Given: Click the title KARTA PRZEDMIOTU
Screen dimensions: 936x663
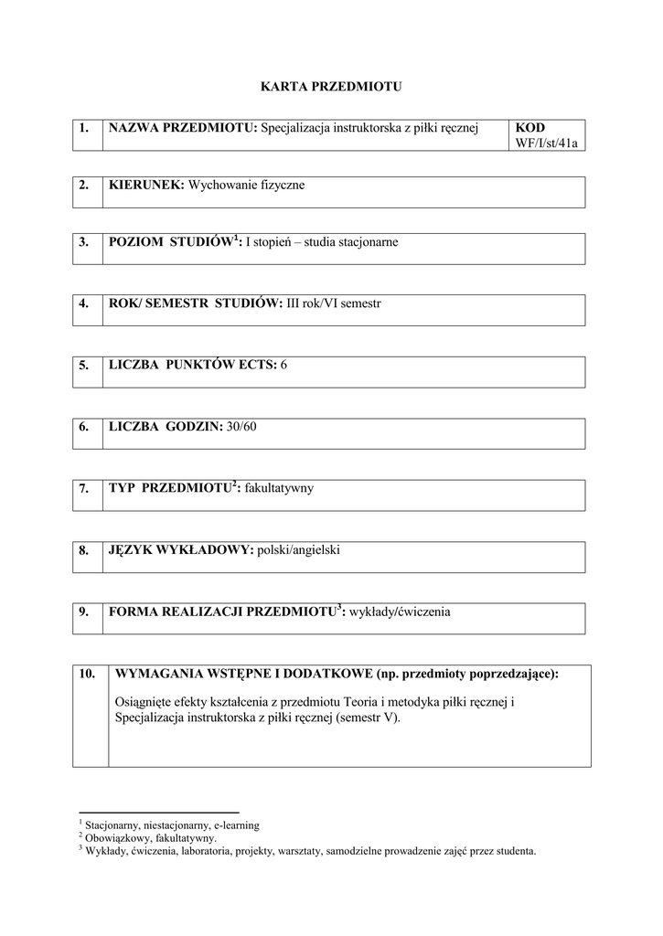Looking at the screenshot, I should click(331, 87).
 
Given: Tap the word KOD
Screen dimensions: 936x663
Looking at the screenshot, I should click(530, 128).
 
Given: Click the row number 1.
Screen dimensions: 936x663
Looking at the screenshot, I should click(84, 128).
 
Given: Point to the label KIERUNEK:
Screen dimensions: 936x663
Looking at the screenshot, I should click(146, 186).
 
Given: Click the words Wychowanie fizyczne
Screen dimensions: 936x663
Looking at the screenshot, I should click(246, 186).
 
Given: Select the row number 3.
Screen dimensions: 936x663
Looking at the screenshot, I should click(84, 242).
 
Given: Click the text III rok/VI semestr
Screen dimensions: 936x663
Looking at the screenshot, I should click(333, 303).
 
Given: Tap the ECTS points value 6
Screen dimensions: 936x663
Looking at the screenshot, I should click(284, 366).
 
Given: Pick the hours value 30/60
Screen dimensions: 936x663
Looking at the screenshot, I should click(241, 427).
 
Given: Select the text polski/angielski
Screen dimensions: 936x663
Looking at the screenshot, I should click(299, 550).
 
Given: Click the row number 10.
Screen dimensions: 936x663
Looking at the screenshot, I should click(88, 675).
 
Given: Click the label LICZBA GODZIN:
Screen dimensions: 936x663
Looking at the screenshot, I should click(165, 427).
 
